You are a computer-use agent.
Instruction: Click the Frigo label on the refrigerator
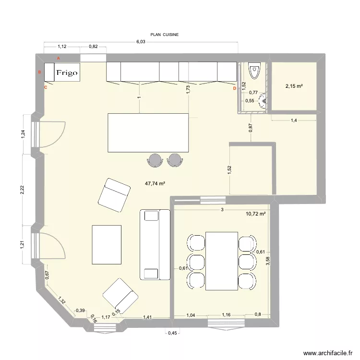pos(67,73)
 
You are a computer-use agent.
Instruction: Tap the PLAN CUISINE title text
pos(165,35)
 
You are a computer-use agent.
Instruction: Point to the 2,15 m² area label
pos(294,86)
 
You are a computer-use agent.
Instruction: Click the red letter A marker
pos(59,58)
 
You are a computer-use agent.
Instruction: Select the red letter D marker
pos(234,88)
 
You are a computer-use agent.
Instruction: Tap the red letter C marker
pos(46,87)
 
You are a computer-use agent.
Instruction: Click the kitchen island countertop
pos(148,132)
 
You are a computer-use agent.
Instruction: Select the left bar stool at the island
pos(156,160)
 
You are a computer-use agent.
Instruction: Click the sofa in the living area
pos(155,244)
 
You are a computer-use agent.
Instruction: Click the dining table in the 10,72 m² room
pos(221,261)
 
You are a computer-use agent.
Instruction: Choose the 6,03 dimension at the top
pos(141,42)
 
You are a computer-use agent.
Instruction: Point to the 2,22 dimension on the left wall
pos(21,190)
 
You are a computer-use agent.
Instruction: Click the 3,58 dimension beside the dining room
pos(268,262)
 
